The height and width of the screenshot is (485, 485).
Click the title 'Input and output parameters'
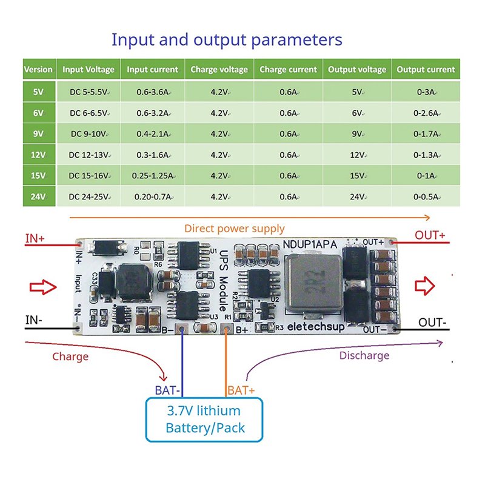coord(227,40)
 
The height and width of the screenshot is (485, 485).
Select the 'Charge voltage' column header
coord(219,70)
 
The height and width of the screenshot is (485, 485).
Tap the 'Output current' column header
coord(426,70)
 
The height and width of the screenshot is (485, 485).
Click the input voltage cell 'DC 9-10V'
coord(89,134)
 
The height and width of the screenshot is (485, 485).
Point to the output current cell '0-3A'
coord(426,92)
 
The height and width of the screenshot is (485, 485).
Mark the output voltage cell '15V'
coord(357,176)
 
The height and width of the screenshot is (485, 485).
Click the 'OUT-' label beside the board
coord(432,323)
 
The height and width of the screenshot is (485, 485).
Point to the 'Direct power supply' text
coord(234,229)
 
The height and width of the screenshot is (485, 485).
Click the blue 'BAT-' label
coord(167,391)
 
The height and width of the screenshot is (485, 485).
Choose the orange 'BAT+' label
coord(241,391)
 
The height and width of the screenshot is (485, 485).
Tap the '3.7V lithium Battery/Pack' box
coord(205,419)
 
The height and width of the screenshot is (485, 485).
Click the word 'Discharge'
coord(364,355)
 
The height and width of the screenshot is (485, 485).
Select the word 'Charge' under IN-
coord(70,356)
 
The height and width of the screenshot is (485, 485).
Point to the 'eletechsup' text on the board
coord(315,326)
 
